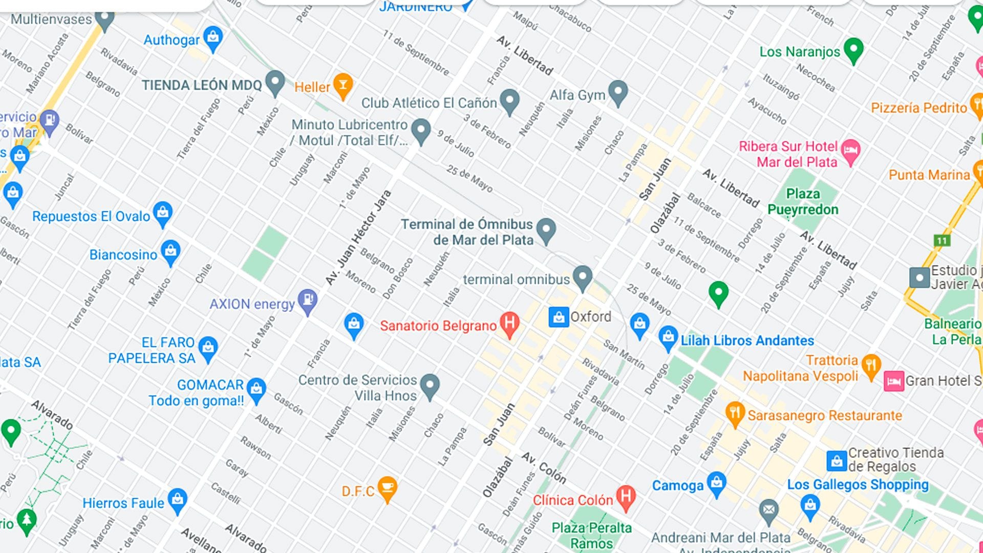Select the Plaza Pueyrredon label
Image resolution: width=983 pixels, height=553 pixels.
click(x=802, y=202)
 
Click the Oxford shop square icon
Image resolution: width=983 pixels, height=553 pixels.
click(x=559, y=317)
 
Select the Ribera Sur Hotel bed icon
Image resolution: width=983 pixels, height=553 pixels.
click(x=850, y=151)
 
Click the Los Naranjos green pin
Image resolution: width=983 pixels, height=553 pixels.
click(x=853, y=49)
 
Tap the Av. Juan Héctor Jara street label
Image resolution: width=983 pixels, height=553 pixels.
click(x=358, y=238)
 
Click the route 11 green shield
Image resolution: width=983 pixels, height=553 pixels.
click(x=942, y=241)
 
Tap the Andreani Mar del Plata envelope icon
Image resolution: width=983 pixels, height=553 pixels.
click(x=768, y=510)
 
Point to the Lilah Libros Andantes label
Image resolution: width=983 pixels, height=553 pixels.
click(x=747, y=341)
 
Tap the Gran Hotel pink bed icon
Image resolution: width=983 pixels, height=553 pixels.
click(x=893, y=381)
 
